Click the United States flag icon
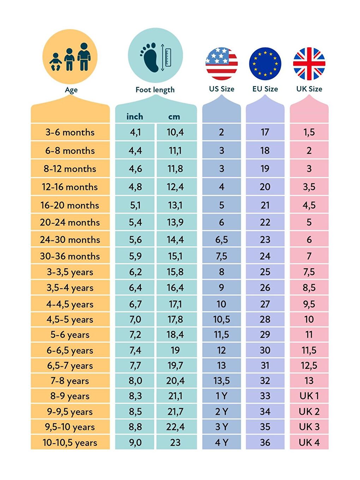(x=222, y=64)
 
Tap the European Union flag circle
(x=265, y=64)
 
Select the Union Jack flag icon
(x=309, y=64)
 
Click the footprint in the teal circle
(x=151, y=57)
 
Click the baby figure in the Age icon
(x=56, y=62)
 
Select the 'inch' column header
(x=135, y=116)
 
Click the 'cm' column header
(x=174, y=116)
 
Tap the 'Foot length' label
(x=155, y=90)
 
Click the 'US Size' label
(x=222, y=89)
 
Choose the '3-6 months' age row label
(x=70, y=132)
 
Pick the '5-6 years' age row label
(x=70, y=335)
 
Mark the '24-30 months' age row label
(x=70, y=240)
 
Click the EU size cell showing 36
(x=265, y=443)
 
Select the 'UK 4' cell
(x=309, y=443)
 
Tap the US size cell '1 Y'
(x=222, y=396)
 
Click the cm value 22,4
(x=175, y=427)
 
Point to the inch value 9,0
(x=135, y=443)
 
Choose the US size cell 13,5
(x=222, y=381)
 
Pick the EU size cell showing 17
(x=265, y=132)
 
